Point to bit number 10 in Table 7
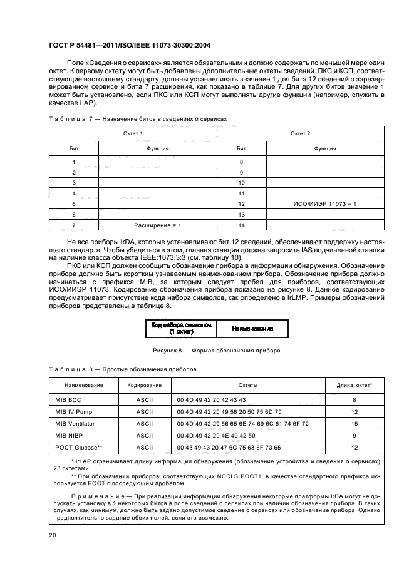click(241, 182)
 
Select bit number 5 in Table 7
click(74, 203)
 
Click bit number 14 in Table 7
click(241, 224)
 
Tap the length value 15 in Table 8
click(354, 424)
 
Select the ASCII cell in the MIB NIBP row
click(145, 436)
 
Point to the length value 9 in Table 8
click(354, 436)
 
